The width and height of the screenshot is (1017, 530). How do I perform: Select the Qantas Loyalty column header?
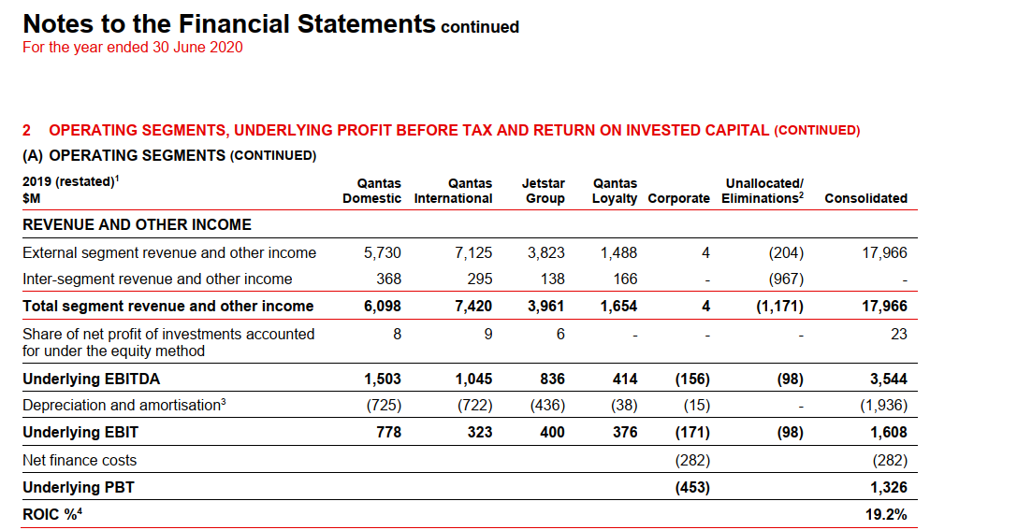pyautogui.click(x=615, y=191)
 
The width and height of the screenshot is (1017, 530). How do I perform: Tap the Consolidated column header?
pyautogui.click(x=865, y=198)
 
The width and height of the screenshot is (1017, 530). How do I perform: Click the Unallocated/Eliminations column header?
pyautogui.click(x=763, y=191)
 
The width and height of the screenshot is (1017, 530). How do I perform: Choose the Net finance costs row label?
pyautogui.click(x=80, y=460)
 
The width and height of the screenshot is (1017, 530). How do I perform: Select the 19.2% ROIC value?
pyautogui.click(x=888, y=514)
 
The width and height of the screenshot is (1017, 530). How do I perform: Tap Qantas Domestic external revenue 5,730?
pyautogui.click(x=382, y=252)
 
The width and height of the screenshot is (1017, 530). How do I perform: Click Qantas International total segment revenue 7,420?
pyautogui.click(x=472, y=306)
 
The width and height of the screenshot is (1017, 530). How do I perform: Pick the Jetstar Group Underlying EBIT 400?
pyautogui.click(x=552, y=432)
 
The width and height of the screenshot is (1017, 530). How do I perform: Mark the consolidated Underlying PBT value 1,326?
pyautogui.click(x=888, y=487)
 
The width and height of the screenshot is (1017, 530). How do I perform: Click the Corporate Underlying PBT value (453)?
pyautogui.click(x=691, y=487)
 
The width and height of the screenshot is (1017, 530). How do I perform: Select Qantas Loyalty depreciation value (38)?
pyautogui.click(x=622, y=406)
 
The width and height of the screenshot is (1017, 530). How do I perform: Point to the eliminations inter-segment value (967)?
pyautogui.click(x=784, y=279)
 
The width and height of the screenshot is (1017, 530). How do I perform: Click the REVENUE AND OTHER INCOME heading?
pyautogui.click(x=137, y=224)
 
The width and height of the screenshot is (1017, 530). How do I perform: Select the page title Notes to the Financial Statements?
pyautogui.click(x=229, y=23)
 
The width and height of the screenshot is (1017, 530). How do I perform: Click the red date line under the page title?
pyautogui.click(x=132, y=48)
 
